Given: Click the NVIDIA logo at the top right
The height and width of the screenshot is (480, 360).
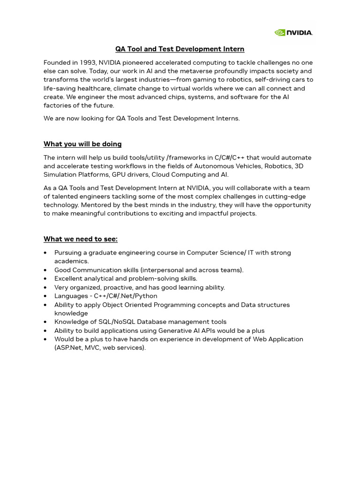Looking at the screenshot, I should pyautogui.click(x=293, y=32).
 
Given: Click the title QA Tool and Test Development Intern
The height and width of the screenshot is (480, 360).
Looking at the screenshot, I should pyautogui.click(x=180, y=49).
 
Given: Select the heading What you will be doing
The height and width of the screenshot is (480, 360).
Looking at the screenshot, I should pyautogui.click(x=82, y=144).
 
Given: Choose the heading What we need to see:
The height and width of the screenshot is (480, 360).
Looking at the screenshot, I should pyautogui.click(x=81, y=239).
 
